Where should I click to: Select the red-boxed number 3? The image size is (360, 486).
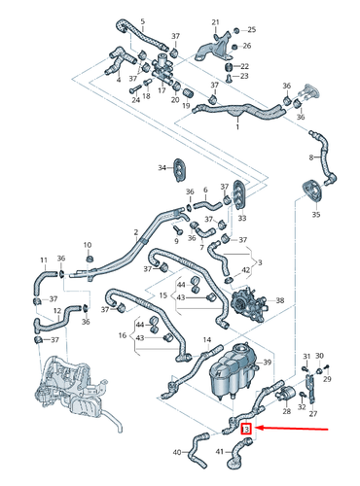(x=246, y=429)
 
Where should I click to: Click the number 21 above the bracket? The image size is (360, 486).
(x=216, y=20)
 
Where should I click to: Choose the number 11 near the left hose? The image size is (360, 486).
(x=42, y=260)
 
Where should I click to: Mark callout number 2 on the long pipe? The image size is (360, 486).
(x=135, y=232)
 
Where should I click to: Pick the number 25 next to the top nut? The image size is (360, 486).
(x=250, y=29)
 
